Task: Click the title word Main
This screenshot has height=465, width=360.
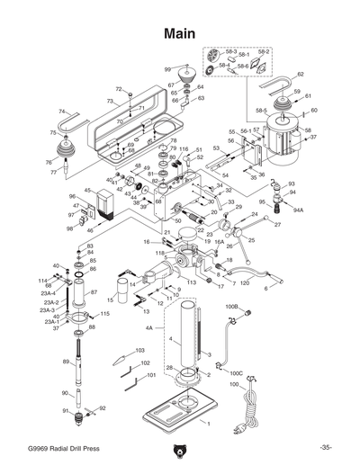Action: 179,34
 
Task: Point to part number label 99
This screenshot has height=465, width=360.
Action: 167,69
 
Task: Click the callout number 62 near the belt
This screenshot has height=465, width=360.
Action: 300,74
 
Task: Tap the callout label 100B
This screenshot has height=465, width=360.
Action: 231,308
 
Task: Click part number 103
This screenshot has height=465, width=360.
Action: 139,350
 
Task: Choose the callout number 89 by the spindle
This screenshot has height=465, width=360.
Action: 66,362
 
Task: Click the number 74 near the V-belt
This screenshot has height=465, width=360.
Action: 62,112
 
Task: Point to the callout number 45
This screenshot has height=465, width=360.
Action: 88,191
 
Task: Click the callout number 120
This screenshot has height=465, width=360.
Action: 245,282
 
